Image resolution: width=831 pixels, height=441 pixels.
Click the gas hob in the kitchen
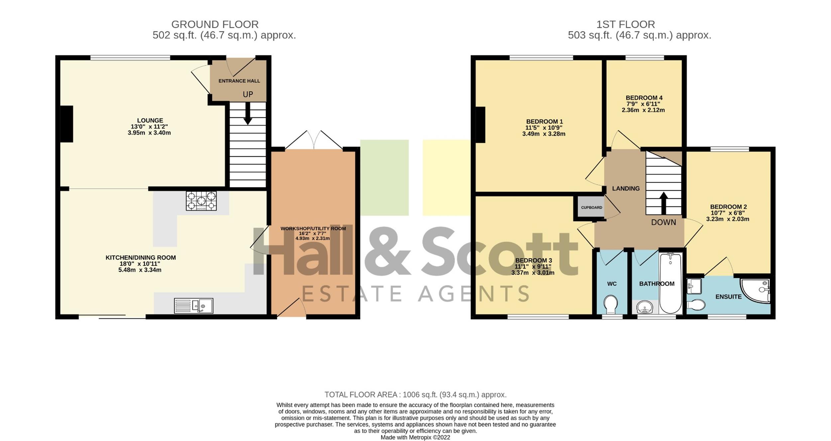[x=201, y=201]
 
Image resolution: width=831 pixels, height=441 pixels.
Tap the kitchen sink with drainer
[x=193, y=306]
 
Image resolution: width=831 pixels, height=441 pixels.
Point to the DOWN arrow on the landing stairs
[x=663, y=203]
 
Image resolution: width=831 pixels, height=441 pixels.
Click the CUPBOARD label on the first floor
[x=591, y=208]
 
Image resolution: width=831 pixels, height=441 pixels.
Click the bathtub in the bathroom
[x=670, y=283]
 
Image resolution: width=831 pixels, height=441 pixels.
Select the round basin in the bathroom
[x=645, y=307]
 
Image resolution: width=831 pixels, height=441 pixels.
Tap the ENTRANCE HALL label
[x=239, y=81]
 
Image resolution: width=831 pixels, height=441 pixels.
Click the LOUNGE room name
[x=150, y=121]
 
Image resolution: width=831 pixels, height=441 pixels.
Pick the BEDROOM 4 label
[x=644, y=98]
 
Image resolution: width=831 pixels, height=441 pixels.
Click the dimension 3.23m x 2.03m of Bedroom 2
[x=728, y=219]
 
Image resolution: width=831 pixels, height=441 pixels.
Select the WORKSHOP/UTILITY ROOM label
[x=313, y=228]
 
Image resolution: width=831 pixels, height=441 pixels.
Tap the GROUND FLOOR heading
[x=215, y=24]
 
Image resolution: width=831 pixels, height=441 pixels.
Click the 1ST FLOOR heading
[x=626, y=24]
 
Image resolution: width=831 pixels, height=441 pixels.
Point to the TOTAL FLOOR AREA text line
[x=415, y=395]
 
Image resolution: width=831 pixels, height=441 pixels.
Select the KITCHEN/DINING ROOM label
[x=141, y=258]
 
